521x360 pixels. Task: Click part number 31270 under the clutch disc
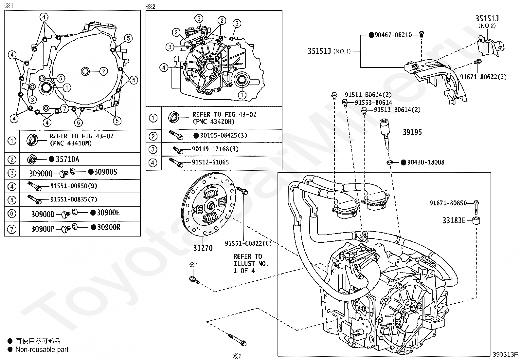[203, 248]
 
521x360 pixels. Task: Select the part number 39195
[412, 132]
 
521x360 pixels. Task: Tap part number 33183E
[454, 220]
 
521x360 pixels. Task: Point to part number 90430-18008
[425, 162]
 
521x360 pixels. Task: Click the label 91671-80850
[448, 203]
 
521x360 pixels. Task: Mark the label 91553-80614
[373, 103]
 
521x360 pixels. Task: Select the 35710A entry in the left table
[67, 159]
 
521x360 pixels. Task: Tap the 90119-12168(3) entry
[215, 149]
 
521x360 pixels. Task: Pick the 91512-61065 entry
[210, 162]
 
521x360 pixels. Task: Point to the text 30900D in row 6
[43, 214]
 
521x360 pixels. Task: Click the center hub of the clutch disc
[211, 206]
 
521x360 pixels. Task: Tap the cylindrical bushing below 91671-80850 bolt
[476, 220]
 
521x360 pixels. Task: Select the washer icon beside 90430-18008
[389, 162]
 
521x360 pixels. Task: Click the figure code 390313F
[505, 354]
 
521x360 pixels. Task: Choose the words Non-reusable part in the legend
[42, 350]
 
